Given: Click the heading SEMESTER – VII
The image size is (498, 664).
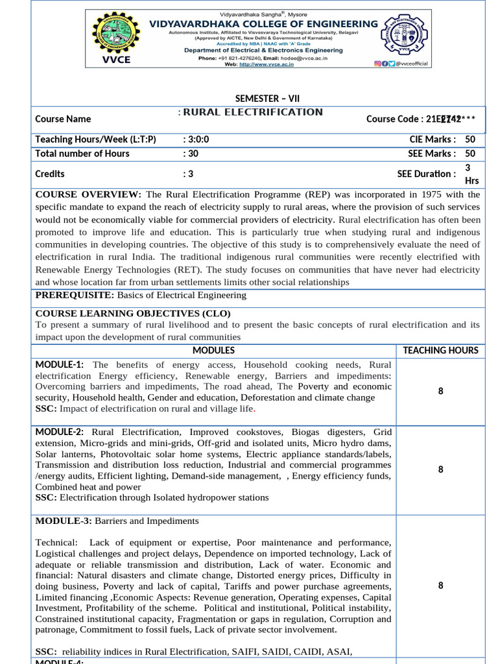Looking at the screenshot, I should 267,99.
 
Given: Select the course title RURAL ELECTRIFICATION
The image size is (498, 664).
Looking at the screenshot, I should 253,112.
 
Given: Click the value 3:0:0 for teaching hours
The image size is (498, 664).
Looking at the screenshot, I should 196,139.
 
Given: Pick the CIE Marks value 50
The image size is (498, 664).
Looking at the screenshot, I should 470,139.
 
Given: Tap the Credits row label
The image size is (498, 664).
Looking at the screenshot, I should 50,174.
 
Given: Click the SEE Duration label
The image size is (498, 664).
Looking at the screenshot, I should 427,174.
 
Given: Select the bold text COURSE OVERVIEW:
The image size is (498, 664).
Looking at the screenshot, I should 88,195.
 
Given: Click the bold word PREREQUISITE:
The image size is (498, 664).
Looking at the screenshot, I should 75,295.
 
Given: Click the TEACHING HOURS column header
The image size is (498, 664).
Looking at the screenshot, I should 440,350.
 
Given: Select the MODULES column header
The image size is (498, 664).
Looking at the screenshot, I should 213,350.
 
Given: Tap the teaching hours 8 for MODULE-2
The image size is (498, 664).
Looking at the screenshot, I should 440,469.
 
